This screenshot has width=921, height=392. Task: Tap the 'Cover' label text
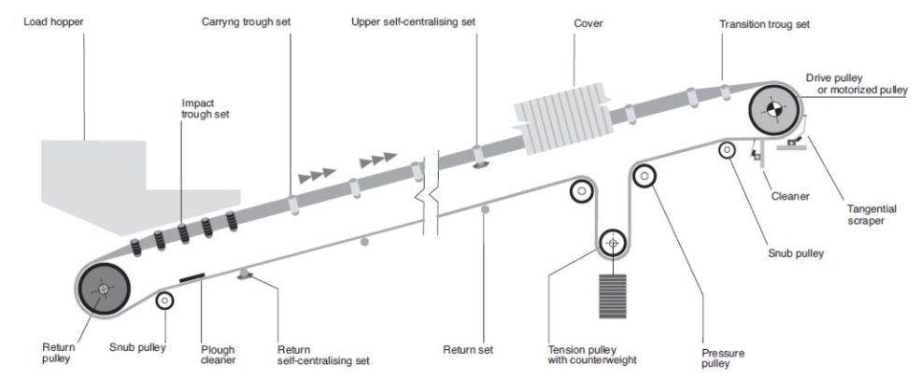(x=587, y=21)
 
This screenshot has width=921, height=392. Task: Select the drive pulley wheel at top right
(x=772, y=110)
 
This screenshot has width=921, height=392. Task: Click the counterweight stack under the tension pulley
(x=613, y=298)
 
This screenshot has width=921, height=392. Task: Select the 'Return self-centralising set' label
(x=322, y=355)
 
